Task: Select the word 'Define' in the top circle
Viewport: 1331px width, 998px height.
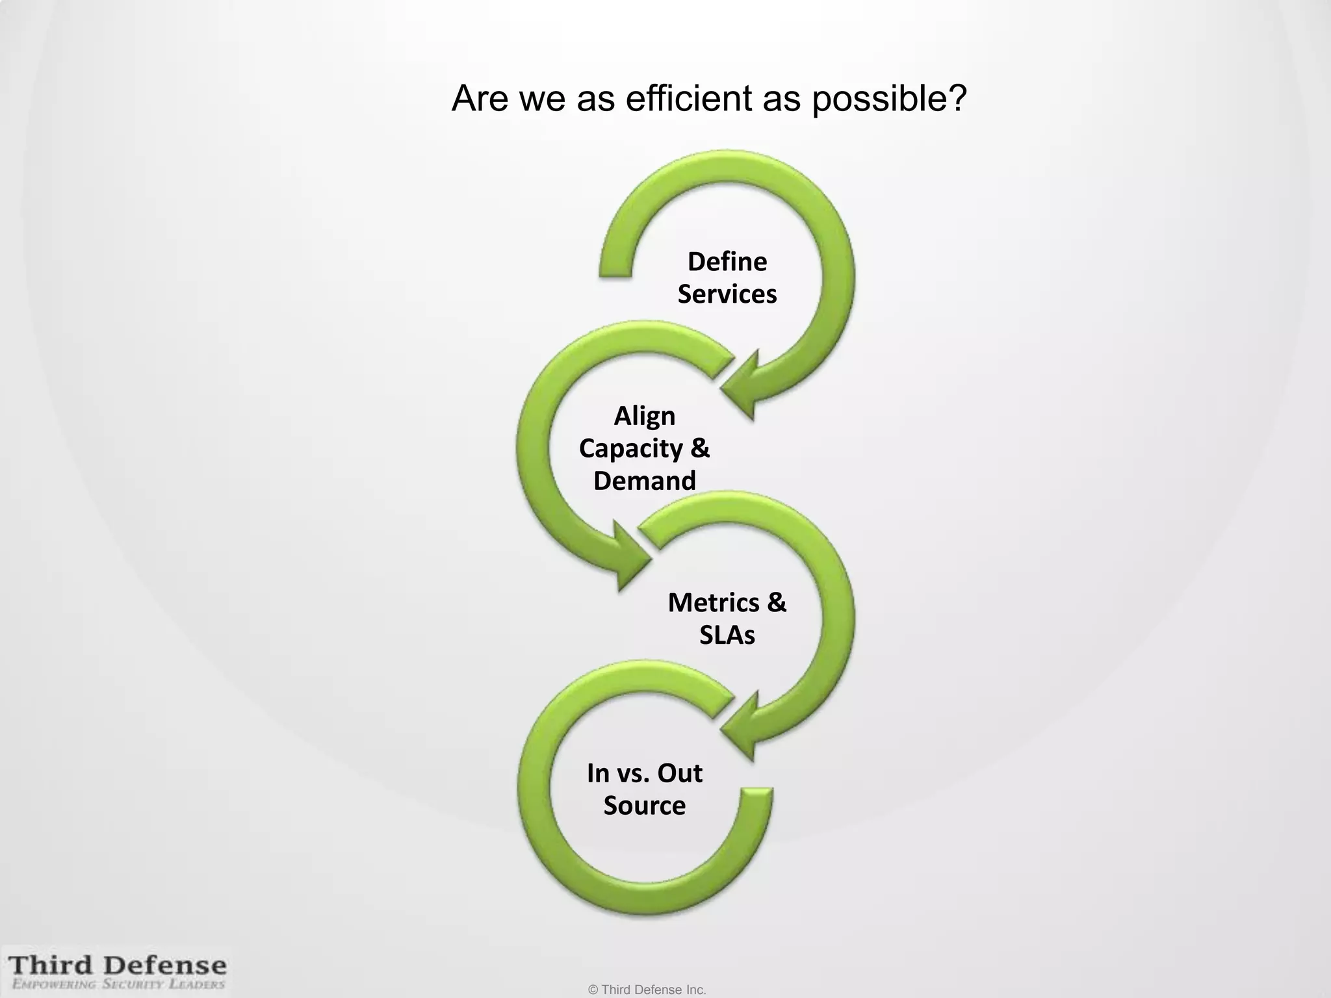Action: click(x=727, y=262)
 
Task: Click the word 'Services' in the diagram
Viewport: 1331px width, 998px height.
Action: click(x=727, y=294)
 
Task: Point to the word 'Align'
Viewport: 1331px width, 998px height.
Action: click(x=644, y=416)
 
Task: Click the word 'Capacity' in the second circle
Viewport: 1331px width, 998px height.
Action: click(x=630, y=449)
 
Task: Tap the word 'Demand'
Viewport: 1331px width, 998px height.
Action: click(x=644, y=481)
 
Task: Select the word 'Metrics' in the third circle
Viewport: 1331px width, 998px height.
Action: click(x=712, y=603)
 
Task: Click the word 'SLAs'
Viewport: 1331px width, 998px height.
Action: click(x=727, y=635)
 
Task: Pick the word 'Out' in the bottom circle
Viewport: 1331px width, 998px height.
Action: click(x=679, y=773)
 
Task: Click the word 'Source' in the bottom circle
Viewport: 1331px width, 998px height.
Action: click(x=644, y=806)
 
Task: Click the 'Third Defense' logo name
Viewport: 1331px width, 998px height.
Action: click(x=118, y=966)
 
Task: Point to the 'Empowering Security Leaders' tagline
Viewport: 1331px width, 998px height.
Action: click(x=118, y=984)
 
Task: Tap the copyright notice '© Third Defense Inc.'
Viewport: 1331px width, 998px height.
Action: click(x=647, y=990)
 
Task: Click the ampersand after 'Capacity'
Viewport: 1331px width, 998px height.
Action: click(x=699, y=448)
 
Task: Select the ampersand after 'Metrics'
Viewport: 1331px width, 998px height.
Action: click(x=776, y=603)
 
